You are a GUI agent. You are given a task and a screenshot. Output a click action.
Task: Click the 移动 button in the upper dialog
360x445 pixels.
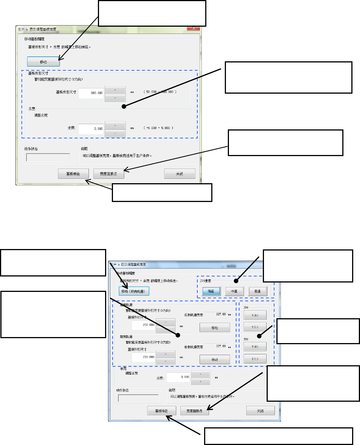coord(43,61)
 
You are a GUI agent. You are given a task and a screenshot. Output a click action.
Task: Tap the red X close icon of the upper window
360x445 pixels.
coord(193,28)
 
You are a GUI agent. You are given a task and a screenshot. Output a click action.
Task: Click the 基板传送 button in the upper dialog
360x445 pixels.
coord(73,173)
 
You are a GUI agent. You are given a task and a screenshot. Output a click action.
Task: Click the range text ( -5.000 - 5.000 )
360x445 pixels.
coord(158,128)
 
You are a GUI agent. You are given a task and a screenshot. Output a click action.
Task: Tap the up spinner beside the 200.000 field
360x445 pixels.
coord(115,90)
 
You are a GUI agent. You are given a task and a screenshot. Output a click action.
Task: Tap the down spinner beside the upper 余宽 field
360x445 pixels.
coord(115,133)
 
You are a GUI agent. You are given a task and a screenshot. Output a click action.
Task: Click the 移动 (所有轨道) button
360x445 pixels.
coord(134,291)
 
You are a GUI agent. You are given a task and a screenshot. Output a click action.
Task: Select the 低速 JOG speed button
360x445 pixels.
coord(211,291)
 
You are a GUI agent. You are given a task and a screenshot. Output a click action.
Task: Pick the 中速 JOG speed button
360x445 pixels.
coord(235,291)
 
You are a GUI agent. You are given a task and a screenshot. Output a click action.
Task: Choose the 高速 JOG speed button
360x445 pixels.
coord(258,291)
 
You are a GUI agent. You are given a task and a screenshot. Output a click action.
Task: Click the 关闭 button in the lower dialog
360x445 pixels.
coord(260,411)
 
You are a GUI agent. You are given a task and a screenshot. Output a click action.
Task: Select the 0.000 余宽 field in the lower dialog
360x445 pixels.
coord(178,377)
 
